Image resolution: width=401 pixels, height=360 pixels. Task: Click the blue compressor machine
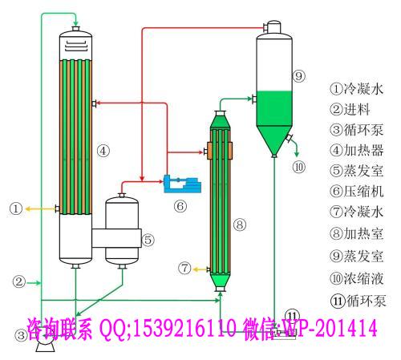coord(182,184)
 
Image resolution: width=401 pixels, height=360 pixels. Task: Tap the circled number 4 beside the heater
coord(103,151)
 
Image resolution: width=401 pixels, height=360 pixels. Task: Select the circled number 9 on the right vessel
coord(298,76)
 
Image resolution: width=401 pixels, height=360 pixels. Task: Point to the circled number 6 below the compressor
coord(180,206)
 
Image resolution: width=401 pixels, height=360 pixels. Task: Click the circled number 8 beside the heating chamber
coord(240,224)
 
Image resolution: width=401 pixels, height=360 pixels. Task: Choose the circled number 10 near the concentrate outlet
coord(298,167)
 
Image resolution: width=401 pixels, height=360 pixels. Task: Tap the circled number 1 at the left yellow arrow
coord(16,208)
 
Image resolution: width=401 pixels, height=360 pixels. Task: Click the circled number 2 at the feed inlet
coord(19,281)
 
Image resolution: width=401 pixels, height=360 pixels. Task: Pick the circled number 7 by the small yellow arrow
coord(185,268)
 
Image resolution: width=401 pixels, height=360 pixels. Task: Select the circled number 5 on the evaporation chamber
coord(148,240)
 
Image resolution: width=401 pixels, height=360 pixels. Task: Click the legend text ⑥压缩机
coord(357,191)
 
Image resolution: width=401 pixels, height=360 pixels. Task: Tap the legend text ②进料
coord(350,109)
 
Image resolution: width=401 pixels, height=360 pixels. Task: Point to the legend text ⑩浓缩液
coord(357,278)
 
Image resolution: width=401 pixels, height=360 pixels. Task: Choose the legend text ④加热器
coord(357,150)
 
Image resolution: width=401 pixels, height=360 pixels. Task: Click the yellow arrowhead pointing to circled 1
coord(28,208)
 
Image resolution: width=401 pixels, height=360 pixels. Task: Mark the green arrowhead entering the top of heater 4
coord(75,23)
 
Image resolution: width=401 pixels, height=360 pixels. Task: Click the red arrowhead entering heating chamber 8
coord(200,152)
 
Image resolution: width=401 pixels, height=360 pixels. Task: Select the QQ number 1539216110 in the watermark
coord(184,328)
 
